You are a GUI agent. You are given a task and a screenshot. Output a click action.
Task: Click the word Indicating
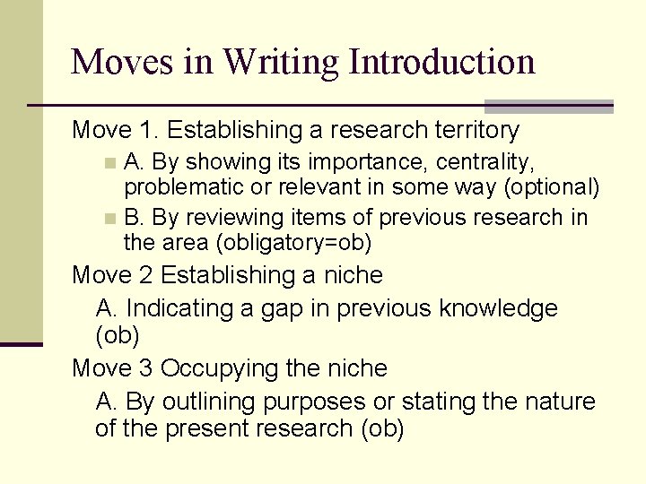point(176,309)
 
